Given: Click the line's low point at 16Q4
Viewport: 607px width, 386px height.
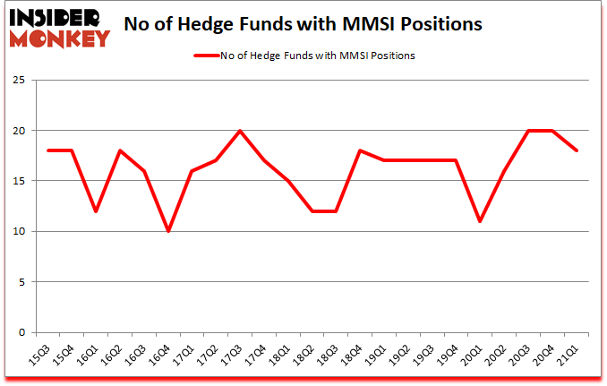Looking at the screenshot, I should click(167, 231).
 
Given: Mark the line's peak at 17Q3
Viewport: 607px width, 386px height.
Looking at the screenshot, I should click(240, 131).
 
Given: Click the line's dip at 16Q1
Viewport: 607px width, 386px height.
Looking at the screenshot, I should click(95, 211).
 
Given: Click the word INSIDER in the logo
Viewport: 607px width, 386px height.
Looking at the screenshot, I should click(56, 18).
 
